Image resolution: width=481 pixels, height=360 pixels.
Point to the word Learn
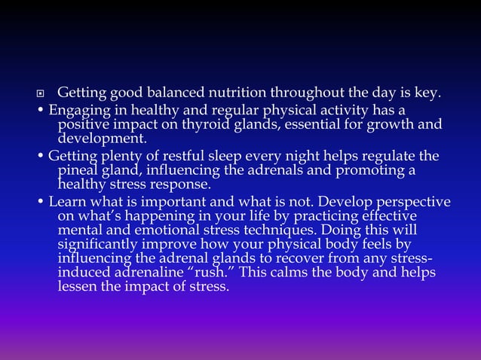point(66,202)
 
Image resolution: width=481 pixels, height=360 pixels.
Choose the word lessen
point(78,286)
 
